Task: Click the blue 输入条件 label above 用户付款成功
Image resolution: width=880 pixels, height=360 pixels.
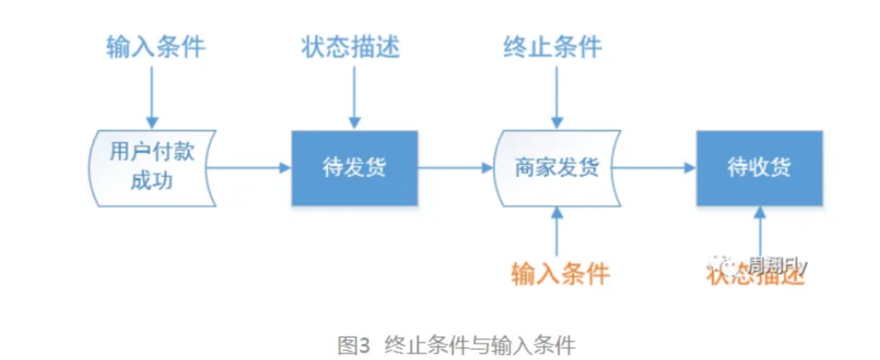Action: coord(156,46)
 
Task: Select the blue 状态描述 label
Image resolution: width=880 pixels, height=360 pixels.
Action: coord(352,46)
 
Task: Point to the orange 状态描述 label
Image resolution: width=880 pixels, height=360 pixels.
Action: coord(756,275)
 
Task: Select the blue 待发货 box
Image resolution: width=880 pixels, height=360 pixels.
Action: coord(355,168)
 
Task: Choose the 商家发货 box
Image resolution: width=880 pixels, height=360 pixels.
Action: coord(556,168)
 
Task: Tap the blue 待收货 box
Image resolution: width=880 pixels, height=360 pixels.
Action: coord(759,168)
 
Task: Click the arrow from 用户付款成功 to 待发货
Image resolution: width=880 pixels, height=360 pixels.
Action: coord(249,168)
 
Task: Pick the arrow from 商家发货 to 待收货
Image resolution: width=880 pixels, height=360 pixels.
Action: coord(655,168)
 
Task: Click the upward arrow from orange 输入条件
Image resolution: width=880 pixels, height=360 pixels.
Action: coord(558,232)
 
